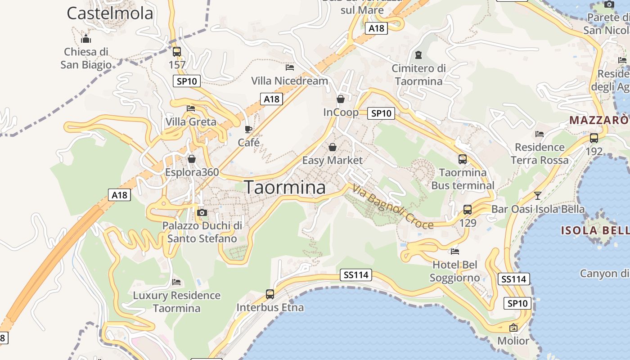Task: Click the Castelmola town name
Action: click(x=110, y=13)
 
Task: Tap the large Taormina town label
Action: click(x=284, y=188)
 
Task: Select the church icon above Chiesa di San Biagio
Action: click(x=86, y=38)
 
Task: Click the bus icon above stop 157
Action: click(x=177, y=51)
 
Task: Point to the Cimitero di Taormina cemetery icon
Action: click(x=418, y=55)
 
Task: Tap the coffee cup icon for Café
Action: click(x=248, y=130)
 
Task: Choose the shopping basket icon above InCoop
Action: click(x=341, y=99)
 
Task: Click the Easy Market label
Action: click(x=332, y=160)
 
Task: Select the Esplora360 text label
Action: click(x=192, y=172)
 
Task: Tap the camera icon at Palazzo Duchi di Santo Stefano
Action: click(x=202, y=212)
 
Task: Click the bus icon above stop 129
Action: click(x=468, y=209)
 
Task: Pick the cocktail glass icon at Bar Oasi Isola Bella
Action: click(x=537, y=195)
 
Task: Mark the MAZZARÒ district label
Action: click(x=598, y=120)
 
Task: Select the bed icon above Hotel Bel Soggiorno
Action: click(x=455, y=251)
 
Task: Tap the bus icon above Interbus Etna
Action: click(x=270, y=294)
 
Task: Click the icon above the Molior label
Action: click(x=513, y=328)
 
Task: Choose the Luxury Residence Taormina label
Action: click(x=176, y=302)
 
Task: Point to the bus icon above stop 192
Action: click(x=594, y=138)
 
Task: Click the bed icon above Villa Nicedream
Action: click(x=290, y=67)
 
